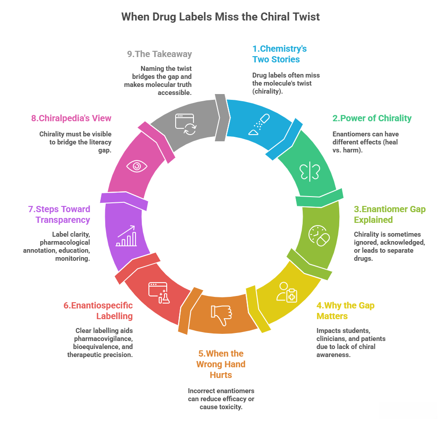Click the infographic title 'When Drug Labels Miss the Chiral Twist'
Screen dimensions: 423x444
(x=221, y=17)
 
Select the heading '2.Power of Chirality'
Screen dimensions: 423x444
(x=372, y=118)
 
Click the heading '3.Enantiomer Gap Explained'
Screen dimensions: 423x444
(x=390, y=214)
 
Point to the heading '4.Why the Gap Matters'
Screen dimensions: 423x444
(x=345, y=311)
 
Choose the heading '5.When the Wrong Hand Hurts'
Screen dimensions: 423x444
(x=221, y=364)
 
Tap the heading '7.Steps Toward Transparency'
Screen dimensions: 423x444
(x=57, y=214)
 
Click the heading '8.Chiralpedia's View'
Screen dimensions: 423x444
(x=71, y=118)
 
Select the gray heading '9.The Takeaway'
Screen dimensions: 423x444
(x=159, y=54)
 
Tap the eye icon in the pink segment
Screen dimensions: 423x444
(x=136, y=166)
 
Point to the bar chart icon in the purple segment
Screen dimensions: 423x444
(x=127, y=236)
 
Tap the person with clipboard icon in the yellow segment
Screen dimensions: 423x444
(x=287, y=292)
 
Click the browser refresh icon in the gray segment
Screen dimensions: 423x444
(x=185, y=122)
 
